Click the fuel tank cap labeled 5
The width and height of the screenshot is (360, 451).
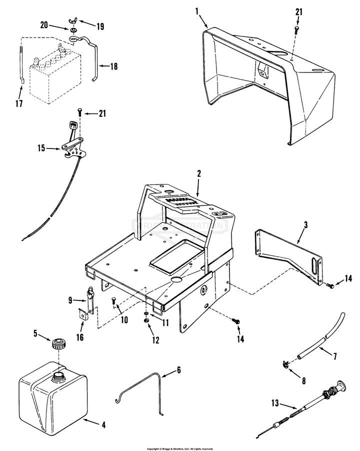pos(58,344)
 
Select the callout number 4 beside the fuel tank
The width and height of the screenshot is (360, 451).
pos(103,425)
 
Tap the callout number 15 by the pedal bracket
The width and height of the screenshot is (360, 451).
pos(41,148)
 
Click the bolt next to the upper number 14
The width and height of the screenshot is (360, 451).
pos(330,286)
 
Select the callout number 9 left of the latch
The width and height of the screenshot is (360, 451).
pos(70,300)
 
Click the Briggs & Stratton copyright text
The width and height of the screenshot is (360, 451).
pos(179,448)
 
